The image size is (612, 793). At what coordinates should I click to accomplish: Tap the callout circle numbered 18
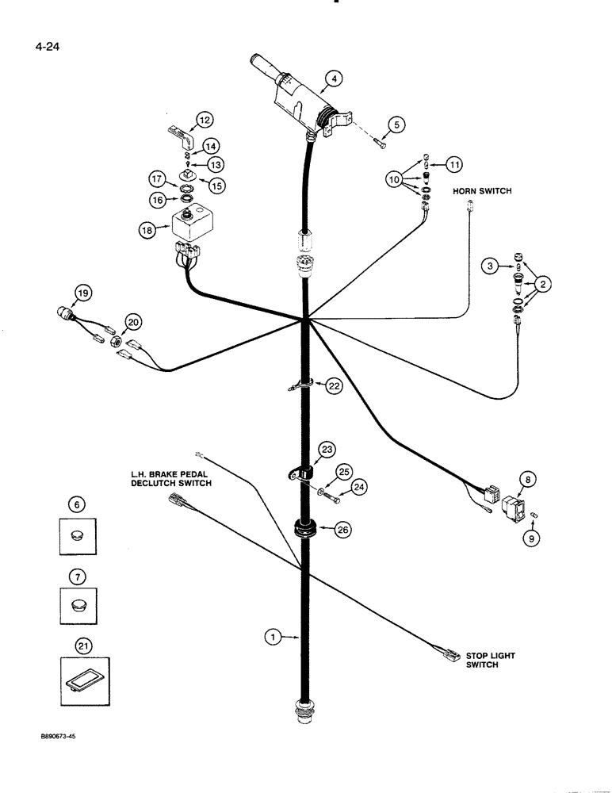tap(147, 231)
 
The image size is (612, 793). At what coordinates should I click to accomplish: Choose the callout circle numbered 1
tap(272, 636)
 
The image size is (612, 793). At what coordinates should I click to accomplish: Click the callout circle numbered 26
tap(342, 531)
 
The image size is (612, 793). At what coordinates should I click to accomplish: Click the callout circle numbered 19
tap(82, 296)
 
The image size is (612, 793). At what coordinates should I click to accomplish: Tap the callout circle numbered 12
tap(205, 120)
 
